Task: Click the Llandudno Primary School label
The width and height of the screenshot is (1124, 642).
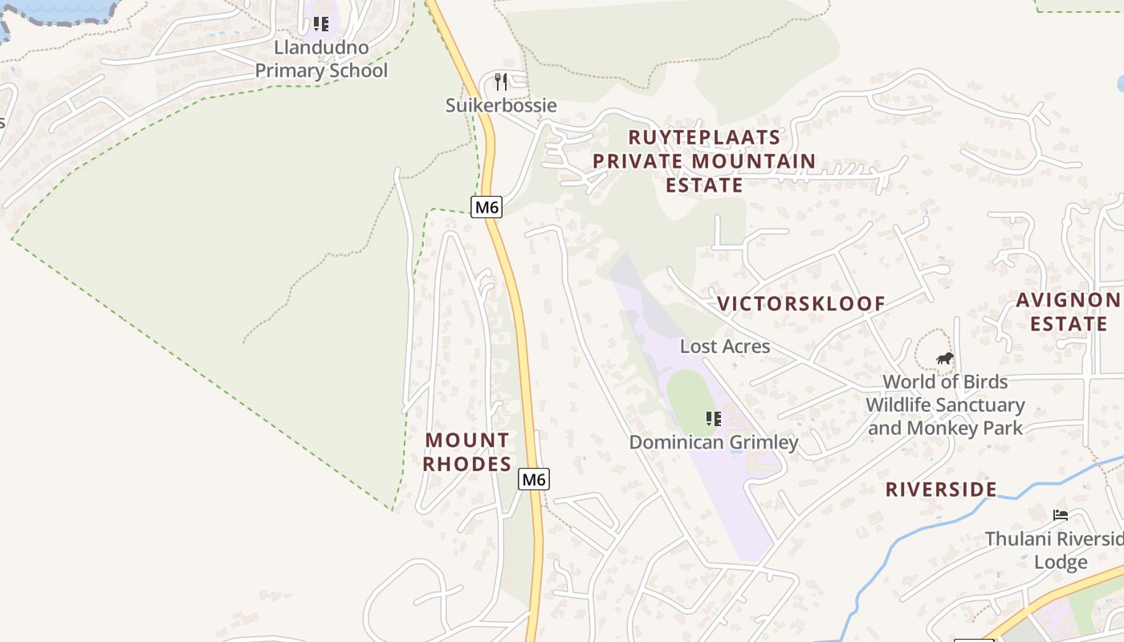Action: [321, 59]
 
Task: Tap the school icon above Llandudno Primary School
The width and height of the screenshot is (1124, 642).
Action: [321, 24]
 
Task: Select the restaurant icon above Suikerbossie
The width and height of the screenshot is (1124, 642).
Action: [502, 81]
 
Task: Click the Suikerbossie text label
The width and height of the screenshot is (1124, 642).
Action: [501, 105]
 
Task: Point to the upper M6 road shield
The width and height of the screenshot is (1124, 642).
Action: [487, 207]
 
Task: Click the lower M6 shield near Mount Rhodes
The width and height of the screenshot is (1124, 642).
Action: [534, 479]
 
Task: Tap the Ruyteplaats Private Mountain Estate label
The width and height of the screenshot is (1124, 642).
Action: [704, 161]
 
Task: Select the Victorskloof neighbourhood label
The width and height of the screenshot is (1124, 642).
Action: [800, 303]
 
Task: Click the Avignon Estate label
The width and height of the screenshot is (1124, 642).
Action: [1068, 312]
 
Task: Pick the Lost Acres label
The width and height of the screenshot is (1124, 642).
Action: [725, 346]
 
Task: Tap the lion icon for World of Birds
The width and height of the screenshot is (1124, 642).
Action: [945, 358]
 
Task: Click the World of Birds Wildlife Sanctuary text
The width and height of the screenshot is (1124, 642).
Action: [945, 393]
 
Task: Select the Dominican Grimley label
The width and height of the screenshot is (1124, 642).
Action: [714, 442]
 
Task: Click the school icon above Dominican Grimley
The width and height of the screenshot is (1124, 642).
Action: [713, 418]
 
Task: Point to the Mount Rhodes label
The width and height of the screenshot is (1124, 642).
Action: [467, 452]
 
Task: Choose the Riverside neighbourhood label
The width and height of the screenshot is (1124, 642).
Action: [941, 490]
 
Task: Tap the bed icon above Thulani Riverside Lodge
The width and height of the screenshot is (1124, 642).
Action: [1061, 514]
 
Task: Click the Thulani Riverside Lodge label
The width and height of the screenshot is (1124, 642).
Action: [1056, 550]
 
